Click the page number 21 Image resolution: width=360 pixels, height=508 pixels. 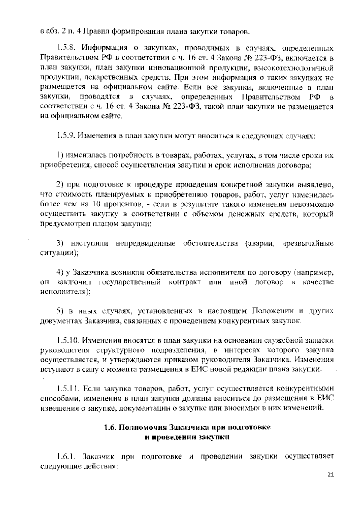tap(331, 474)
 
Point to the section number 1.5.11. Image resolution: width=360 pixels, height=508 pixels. tap(67, 389)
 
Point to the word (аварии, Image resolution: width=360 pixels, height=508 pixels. tap(260, 243)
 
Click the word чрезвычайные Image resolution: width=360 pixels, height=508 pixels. tap(308, 243)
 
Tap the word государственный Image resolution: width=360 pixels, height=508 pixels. tap(130, 282)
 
